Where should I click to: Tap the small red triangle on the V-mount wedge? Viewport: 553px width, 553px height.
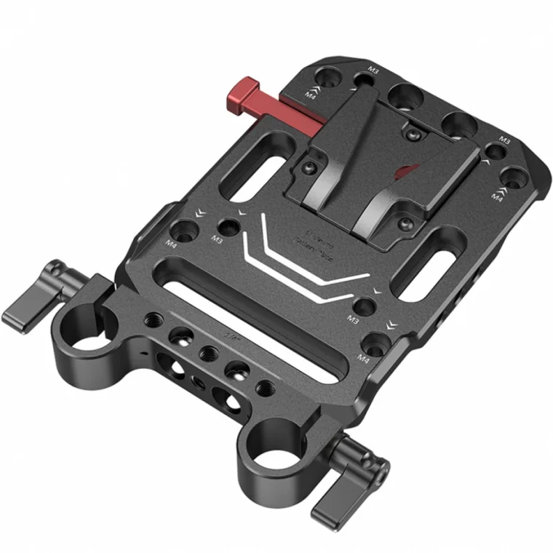coord(405,172)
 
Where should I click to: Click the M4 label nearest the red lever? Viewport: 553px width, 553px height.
coord(310,94)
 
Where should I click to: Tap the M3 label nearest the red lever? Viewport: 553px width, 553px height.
coord(373,70)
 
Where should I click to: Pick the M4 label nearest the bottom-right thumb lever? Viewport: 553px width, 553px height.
coord(363,357)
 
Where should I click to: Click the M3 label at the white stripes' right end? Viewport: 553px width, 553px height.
coord(353,319)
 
